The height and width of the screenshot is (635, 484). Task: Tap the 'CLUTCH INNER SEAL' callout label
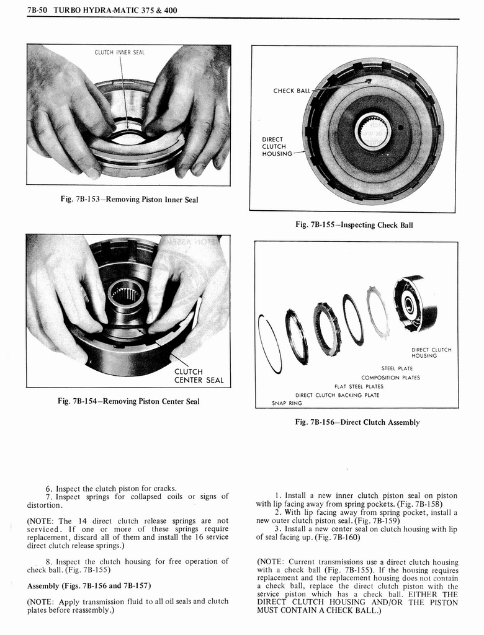click(119, 52)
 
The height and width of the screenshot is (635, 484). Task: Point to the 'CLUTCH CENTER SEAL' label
click(198, 376)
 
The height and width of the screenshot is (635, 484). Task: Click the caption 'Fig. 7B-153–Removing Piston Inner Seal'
click(128, 199)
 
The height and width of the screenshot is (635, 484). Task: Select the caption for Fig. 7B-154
click(128, 401)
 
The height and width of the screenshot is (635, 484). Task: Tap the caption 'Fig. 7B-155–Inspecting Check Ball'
click(354, 224)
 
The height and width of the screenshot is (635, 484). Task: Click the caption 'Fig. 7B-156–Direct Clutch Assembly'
click(357, 422)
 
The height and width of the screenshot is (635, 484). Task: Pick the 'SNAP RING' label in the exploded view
click(287, 403)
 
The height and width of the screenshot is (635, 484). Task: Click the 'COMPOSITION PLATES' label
click(390, 378)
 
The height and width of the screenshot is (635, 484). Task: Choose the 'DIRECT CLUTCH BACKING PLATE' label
click(337, 395)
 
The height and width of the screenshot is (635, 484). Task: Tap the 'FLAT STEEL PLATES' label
click(359, 386)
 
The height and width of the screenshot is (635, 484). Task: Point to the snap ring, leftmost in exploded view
click(269, 344)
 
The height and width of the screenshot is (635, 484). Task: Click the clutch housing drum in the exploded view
click(416, 303)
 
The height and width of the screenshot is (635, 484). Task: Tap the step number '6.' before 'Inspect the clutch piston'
click(49, 488)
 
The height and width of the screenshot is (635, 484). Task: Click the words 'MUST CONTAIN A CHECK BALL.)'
click(319, 610)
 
